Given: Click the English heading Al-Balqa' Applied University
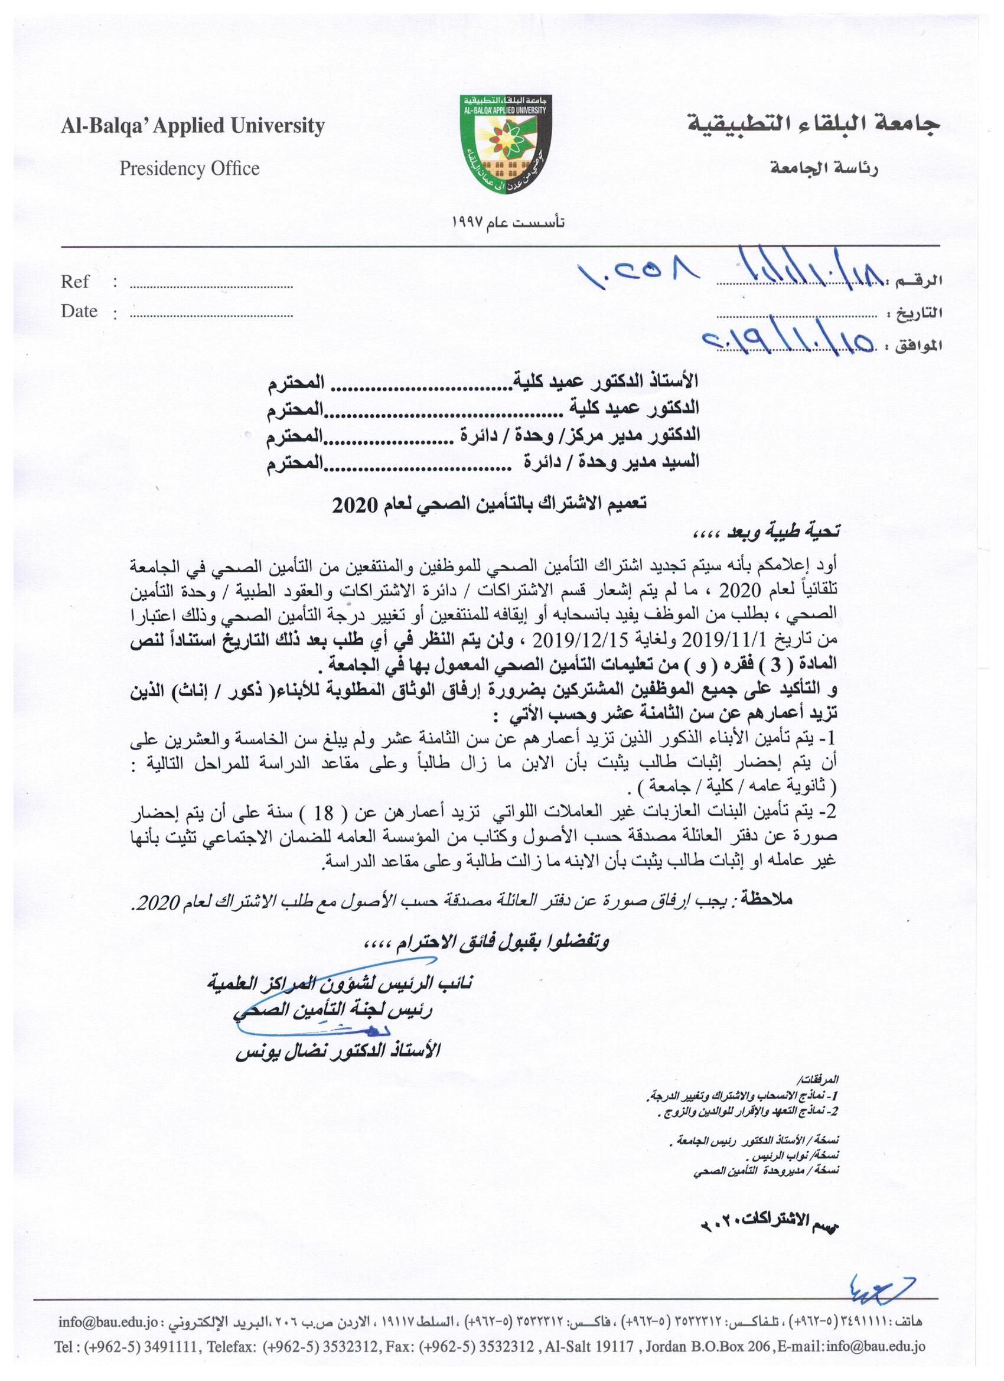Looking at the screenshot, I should [193, 126].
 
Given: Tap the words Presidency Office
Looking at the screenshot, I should [190, 169].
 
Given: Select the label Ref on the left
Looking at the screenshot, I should [75, 282].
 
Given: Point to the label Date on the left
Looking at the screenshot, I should [79, 311].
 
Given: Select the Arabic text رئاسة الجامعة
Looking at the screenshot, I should [823, 170].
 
